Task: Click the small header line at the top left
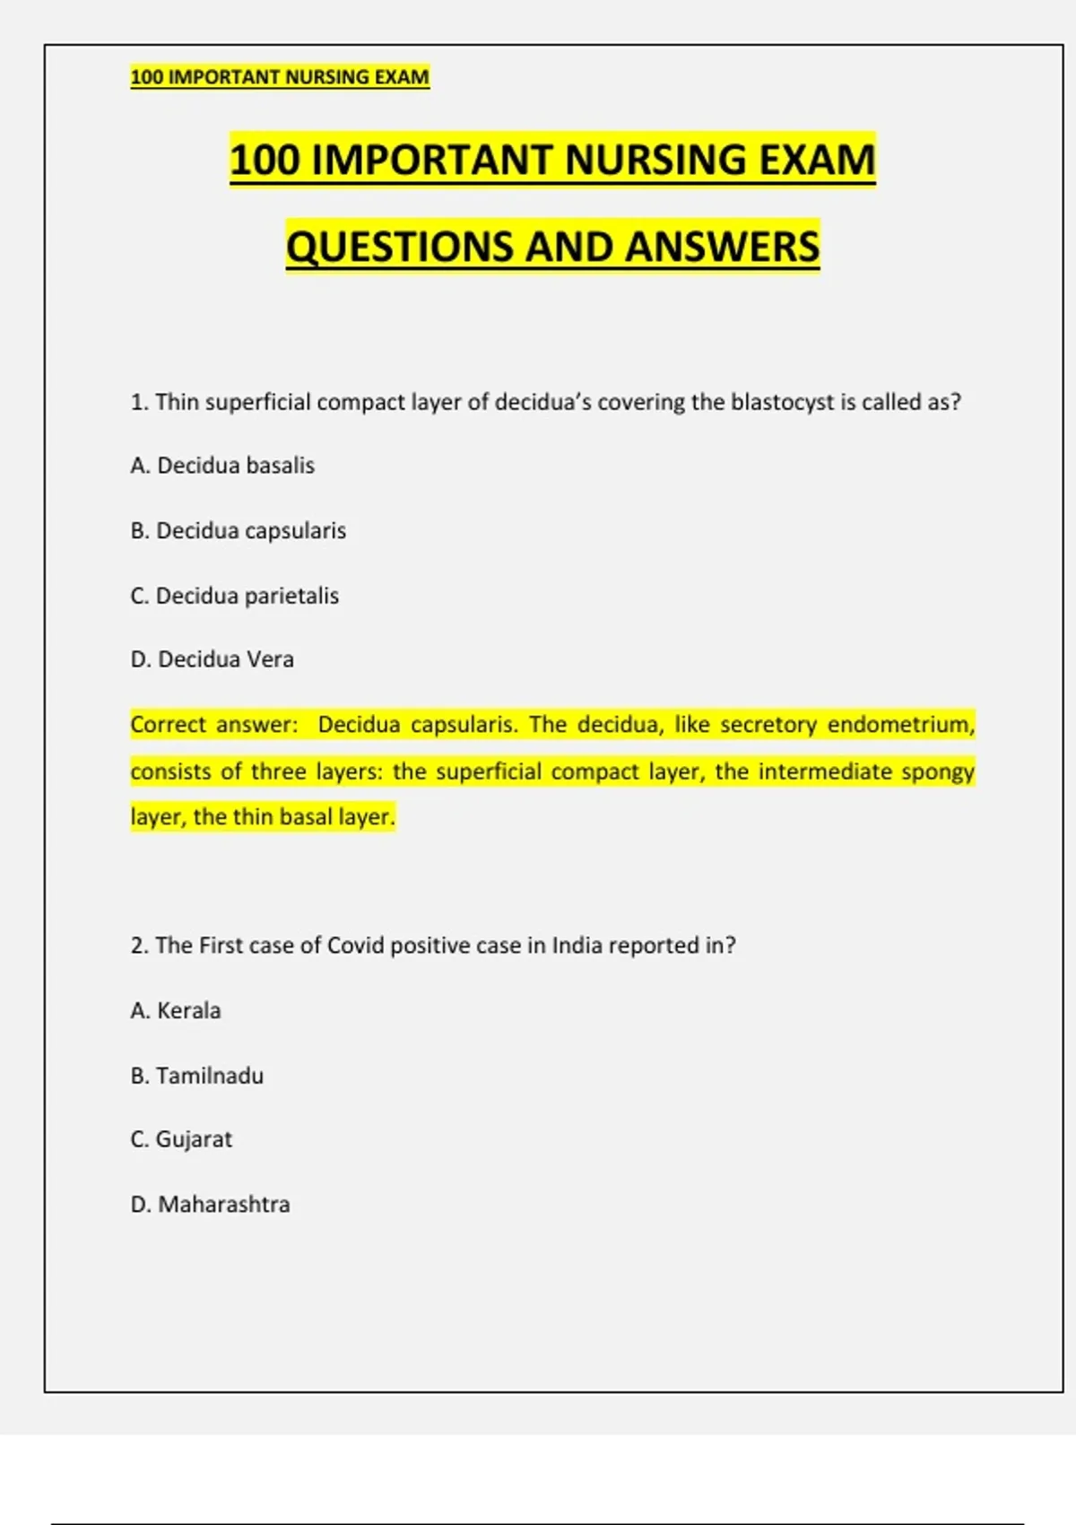(x=280, y=77)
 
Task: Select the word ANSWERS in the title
(x=722, y=247)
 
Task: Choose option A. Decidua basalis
(x=222, y=466)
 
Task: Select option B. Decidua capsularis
(x=238, y=530)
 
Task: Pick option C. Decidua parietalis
(x=234, y=596)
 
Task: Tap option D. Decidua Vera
(x=212, y=659)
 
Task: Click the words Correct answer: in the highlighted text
(x=213, y=724)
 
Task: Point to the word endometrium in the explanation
(x=899, y=724)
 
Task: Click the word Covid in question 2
(x=355, y=945)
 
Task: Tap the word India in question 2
(x=577, y=945)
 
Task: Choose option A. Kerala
(x=175, y=1011)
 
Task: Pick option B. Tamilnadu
(x=196, y=1076)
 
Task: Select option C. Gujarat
(x=180, y=1139)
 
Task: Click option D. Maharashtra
(x=210, y=1204)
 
